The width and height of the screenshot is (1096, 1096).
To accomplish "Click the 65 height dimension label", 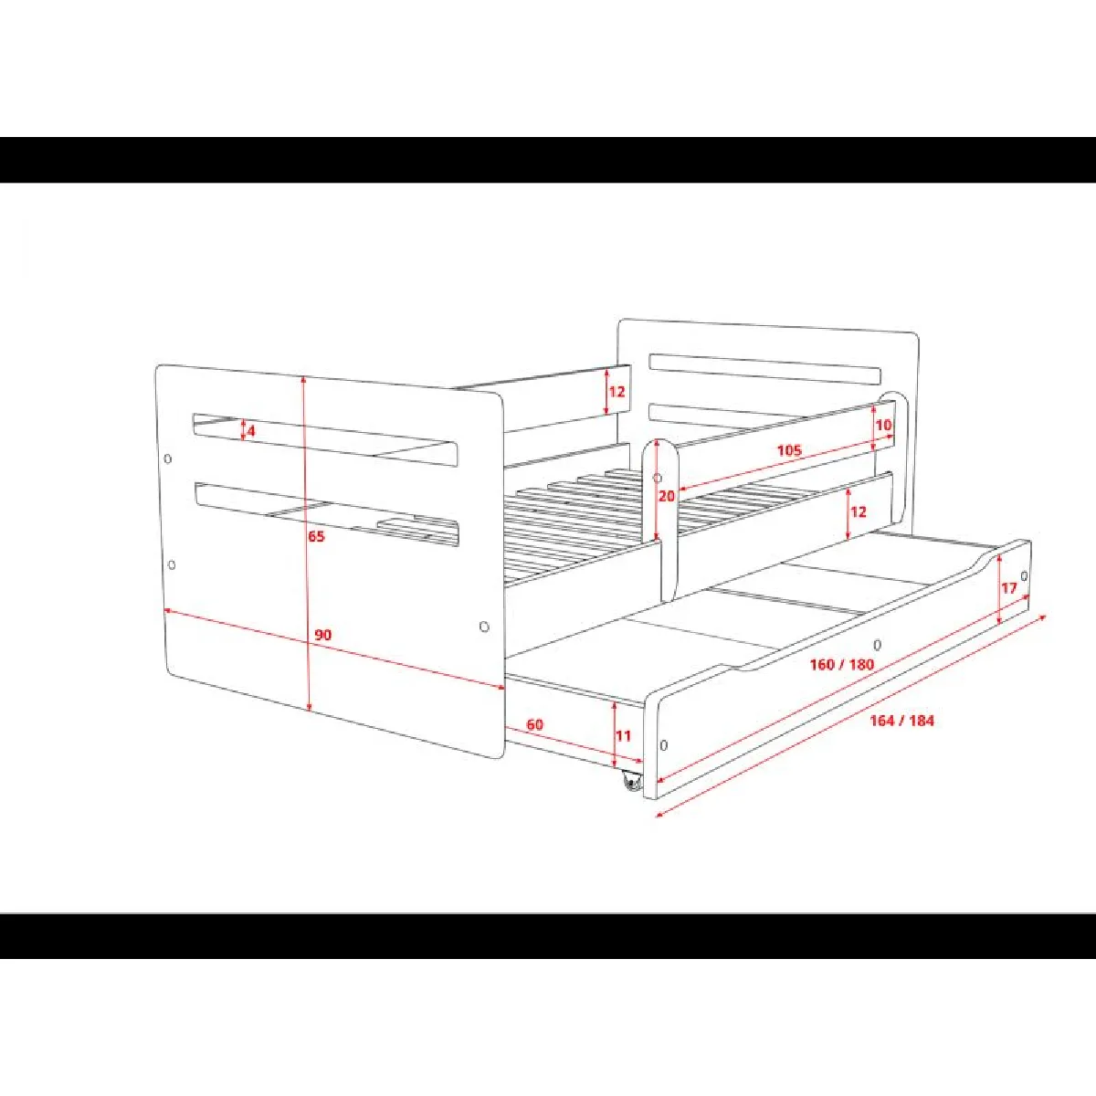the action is [x=316, y=536].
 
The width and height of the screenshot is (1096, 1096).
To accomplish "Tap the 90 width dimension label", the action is [x=322, y=635].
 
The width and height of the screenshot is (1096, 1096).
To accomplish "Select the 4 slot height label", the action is [x=251, y=430].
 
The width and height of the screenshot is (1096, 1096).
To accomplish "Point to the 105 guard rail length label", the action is [x=789, y=450].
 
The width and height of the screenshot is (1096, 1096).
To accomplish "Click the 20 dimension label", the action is [x=667, y=496].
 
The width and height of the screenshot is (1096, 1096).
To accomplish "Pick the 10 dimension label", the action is [x=884, y=425].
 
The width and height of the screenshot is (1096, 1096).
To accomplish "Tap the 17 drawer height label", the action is [x=1009, y=587].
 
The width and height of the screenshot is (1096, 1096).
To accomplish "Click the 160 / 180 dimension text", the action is [x=842, y=664].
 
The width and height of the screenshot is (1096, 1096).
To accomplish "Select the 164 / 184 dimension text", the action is [x=902, y=721].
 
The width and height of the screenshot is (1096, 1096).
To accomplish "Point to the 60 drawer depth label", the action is [x=534, y=724].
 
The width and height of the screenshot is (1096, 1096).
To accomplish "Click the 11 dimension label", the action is [x=624, y=735].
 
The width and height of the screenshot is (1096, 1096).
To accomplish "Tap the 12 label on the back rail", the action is [x=617, y=391].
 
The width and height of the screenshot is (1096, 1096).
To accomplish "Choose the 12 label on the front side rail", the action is [x=859, y=511].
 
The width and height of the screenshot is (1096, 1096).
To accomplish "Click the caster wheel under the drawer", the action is [x=631, y=782].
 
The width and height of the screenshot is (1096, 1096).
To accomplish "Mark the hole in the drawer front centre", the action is [x=877, y=645].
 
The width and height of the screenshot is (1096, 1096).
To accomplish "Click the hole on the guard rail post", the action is [x=658, y=478].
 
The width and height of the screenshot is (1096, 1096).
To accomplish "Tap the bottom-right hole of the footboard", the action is [x=484, y=627].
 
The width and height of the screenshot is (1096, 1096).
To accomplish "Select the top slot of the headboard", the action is [x=765, y=369].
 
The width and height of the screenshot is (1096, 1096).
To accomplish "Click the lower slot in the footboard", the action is [x=327, y=514].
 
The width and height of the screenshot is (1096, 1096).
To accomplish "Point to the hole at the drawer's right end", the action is [x=1025, y=576].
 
